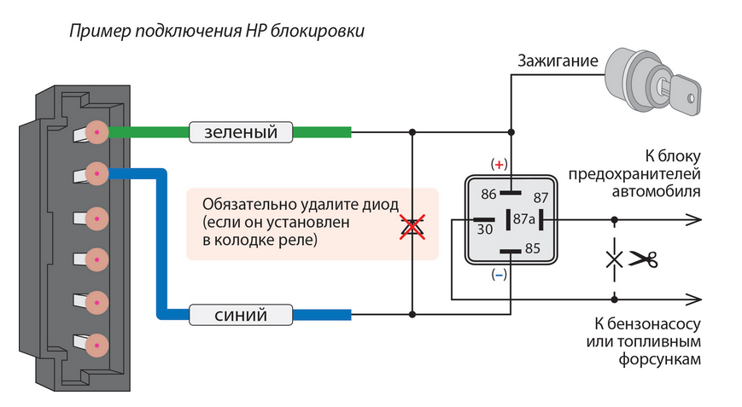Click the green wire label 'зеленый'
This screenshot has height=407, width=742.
pos(240,132)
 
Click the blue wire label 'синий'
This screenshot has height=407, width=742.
pos(240,316)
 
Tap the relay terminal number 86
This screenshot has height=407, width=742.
pos(489,194)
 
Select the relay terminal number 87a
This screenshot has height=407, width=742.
pos(523,219)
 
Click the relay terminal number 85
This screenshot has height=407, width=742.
pos(533,250)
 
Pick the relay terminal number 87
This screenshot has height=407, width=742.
pos(540,197)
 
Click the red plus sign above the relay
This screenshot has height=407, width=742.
pos(498,163)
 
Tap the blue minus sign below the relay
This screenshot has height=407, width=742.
pos(499,275)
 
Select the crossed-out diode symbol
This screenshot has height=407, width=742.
pos(413,225)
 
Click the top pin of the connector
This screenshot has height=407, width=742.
pos(96,132)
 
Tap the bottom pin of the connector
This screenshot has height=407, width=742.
pos(96,345)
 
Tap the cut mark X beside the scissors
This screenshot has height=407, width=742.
pos(613,259)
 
